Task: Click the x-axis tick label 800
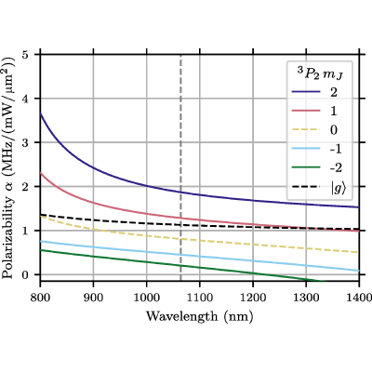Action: pos(40,298)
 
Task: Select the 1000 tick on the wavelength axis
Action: pos(147,298)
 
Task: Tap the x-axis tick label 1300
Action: pos(306,298)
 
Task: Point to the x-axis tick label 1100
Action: pos(200,298)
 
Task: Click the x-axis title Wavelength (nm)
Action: pos(200,316)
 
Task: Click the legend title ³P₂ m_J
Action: pos(320,74)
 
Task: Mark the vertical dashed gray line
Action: pos(181,168)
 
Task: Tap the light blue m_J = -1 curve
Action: pos(200,256)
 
